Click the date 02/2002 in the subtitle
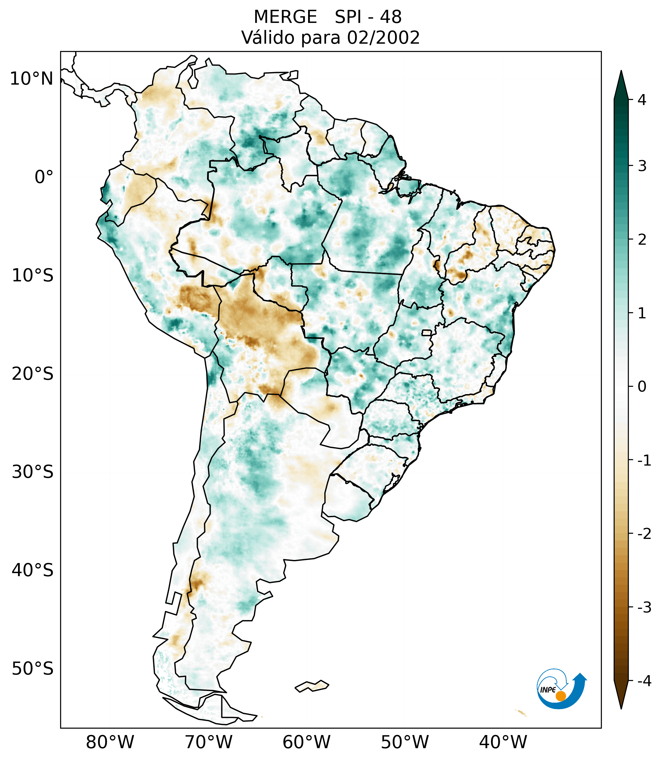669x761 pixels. pyautogui.click(x=383, y=38)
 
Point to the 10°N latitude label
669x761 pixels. pyautogui.click(x=32, y=79)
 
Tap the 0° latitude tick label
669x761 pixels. pyautogui.click(x=44, y=177)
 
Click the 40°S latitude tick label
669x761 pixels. pyautogui.click(x=33, y=570)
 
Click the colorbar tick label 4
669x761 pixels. pyautogui.click(x=642, y=100)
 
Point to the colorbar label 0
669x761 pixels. pyautogui.click(x=642, y=387)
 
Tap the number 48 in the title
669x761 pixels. pyautogui.click(x=391, y=17)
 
